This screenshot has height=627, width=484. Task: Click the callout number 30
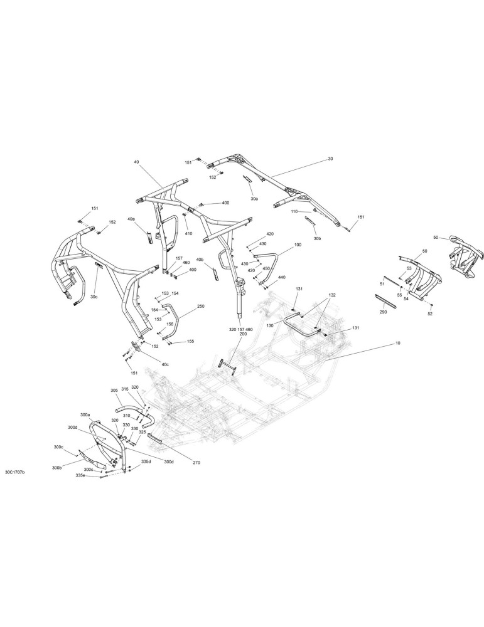point(330,159)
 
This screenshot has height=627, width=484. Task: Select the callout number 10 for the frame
point(397,343)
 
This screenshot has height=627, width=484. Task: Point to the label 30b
point(317,238)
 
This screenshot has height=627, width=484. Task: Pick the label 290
point(383,312)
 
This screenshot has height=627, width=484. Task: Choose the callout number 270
point(196,463)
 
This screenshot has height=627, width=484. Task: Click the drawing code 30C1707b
point(15,473)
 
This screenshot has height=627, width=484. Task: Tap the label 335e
point(81,476)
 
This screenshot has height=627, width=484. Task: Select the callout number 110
point(294,211)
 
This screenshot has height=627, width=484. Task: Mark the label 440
point(282,277)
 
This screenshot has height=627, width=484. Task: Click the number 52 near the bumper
point(431,314)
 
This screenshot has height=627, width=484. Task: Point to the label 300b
point(57,468)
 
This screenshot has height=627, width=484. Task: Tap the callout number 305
point(114,390)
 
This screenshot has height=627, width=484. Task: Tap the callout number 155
point(191,342)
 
